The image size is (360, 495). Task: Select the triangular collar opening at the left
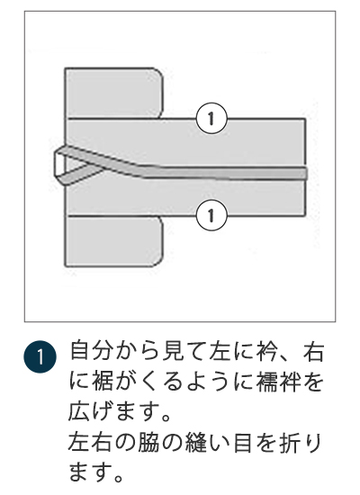click(64, 163)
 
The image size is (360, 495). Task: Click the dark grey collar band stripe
click(225, 172)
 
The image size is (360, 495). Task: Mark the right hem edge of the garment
click(307, 166)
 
